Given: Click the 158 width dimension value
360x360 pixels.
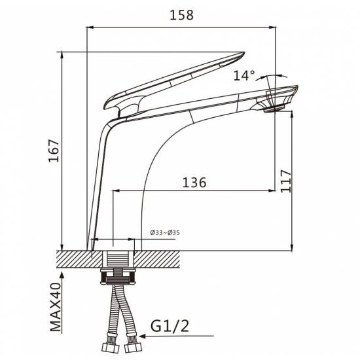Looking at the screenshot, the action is pyautogui.click(x=181, y=15).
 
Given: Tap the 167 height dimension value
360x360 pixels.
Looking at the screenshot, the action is pyautogui.click(x=54, y=151).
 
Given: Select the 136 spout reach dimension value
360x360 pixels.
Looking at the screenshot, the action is pyautogui.click(x=194, y=183).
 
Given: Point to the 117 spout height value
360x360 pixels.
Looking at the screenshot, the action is pyautogui.click(x=286, y=181).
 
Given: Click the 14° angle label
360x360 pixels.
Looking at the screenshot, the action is pyautogui.click(x=244, y=75).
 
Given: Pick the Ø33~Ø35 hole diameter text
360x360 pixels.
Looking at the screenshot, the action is pyautogui.click(x=165, y=233).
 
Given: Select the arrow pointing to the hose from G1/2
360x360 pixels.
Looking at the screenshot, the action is pyautogui.click(x=177, y=336).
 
